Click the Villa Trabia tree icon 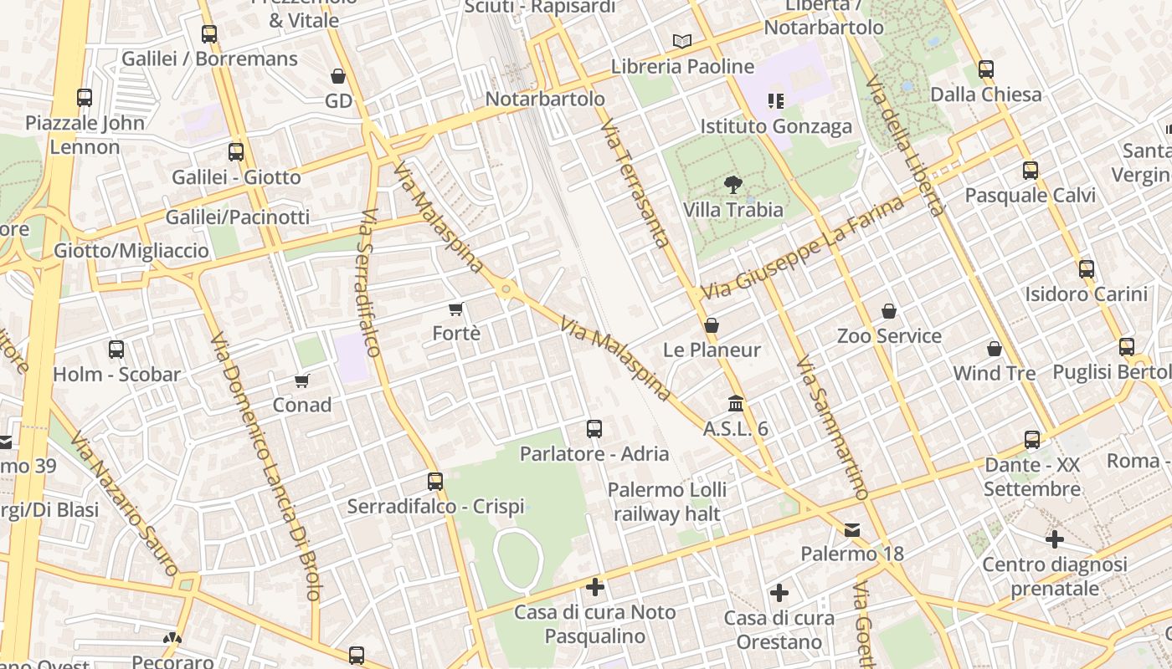click(x=733, y=185)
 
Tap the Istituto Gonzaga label click(x=776, y=126)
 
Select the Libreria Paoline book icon click(x=682, y=41)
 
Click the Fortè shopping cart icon click(x=456, y=309)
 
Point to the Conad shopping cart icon click(x=302, y=380)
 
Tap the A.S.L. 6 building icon click(x=736, y=404)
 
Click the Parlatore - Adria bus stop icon click(x=594, y=429)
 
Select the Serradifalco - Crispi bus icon click(x=435, y=482)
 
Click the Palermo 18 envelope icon click(x=852, y=529)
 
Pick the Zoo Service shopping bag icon click(x=889, y=311)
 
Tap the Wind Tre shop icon click(x=995, y=349)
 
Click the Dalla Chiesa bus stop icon click(x=986, y=69)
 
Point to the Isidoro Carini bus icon click(x=1087, y=269)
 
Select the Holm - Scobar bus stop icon click(x=116, y=350)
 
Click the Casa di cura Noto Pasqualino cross click(x=595, y=587)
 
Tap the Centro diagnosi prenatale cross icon click(x=1055, y=539)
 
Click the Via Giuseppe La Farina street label click(x=803, y=248)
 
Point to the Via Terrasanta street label click(x=635, y=184)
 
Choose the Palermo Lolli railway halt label click(x=667, y=502)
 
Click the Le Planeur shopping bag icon click(x=712, y=325)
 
